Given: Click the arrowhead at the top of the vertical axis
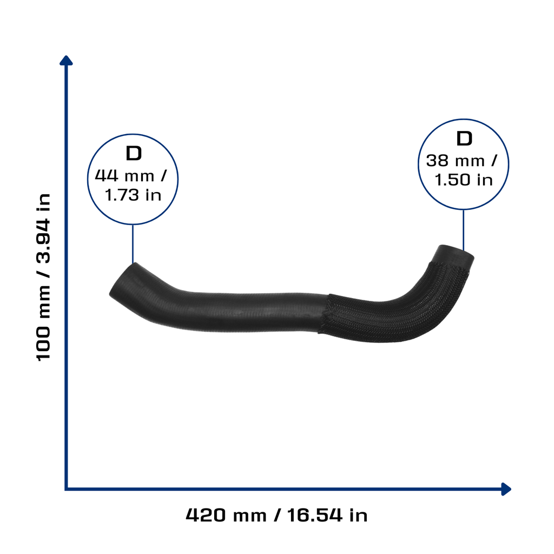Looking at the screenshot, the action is click(66, 61).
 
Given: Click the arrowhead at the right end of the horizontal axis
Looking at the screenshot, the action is click(506, 489).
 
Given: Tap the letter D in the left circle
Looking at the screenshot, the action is click(134, 153).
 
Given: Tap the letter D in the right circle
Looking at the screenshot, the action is click(464, 138).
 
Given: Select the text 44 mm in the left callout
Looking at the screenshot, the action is click(124, 176).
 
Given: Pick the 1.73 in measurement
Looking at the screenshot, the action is click(133, 195).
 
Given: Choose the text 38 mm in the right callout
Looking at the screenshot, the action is click(455, 161).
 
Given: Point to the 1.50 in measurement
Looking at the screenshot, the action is click(463, 180).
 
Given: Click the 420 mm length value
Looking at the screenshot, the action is click(226, 515).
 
